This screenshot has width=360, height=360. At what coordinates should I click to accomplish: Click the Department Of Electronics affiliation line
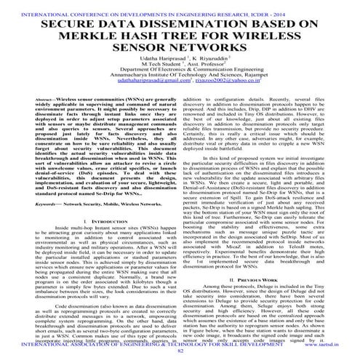pyautogui.click(x=180, y=89)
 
